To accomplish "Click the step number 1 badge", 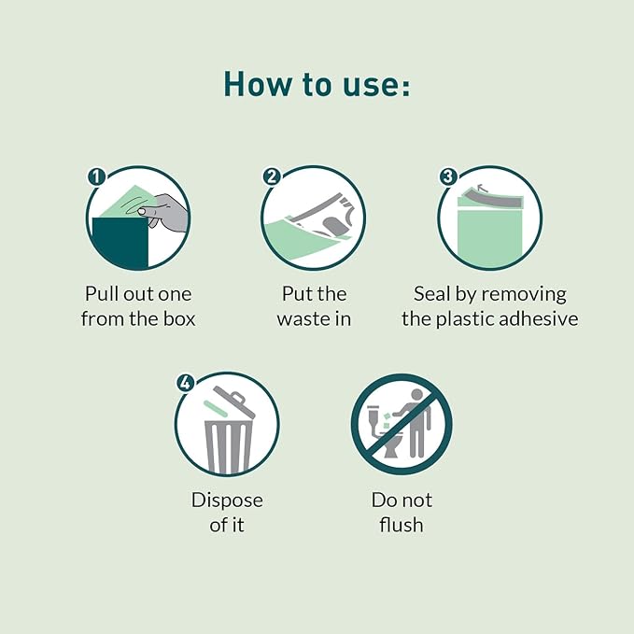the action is pyautogui.click(x=96, y=176).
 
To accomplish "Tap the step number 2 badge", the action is pyautogui.click(x=272, y=176).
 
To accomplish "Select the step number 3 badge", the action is pyautogui.click(x=448, y=176).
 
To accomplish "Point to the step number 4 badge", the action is pyautogui.click(x=185, y=383).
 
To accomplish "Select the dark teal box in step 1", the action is pyautogui.click(x=120, y=244).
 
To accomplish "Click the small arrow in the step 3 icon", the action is pyautogui.click(x=482, y=187).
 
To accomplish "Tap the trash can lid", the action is pyautogui.click(x=234, y=402).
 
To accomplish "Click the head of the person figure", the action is pyautogui.click(x=416, y=395).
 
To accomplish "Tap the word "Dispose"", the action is pyautogui.click(x=227, y=500).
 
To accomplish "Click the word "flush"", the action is pyautogui.click(x=402, y=525).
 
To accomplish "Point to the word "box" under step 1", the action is pyautogui.click(x=179, y=318).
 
